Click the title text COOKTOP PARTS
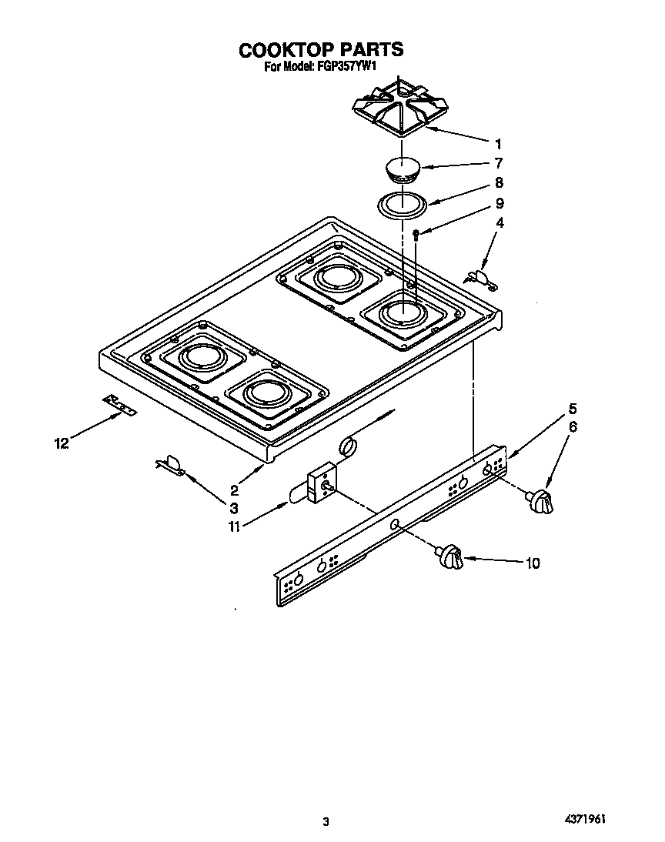tap(320, 50)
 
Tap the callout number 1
tap(498, 143)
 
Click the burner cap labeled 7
tap(403, 169)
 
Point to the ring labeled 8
tap(403, 205)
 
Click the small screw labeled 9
tap(416, 234)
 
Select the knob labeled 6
tap(540, 501)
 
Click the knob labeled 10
tap(450, 557)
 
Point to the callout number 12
tap(62, 443)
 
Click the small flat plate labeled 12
tap(120, 405)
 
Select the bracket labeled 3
tap(171, 464)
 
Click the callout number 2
tap(233, 489)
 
